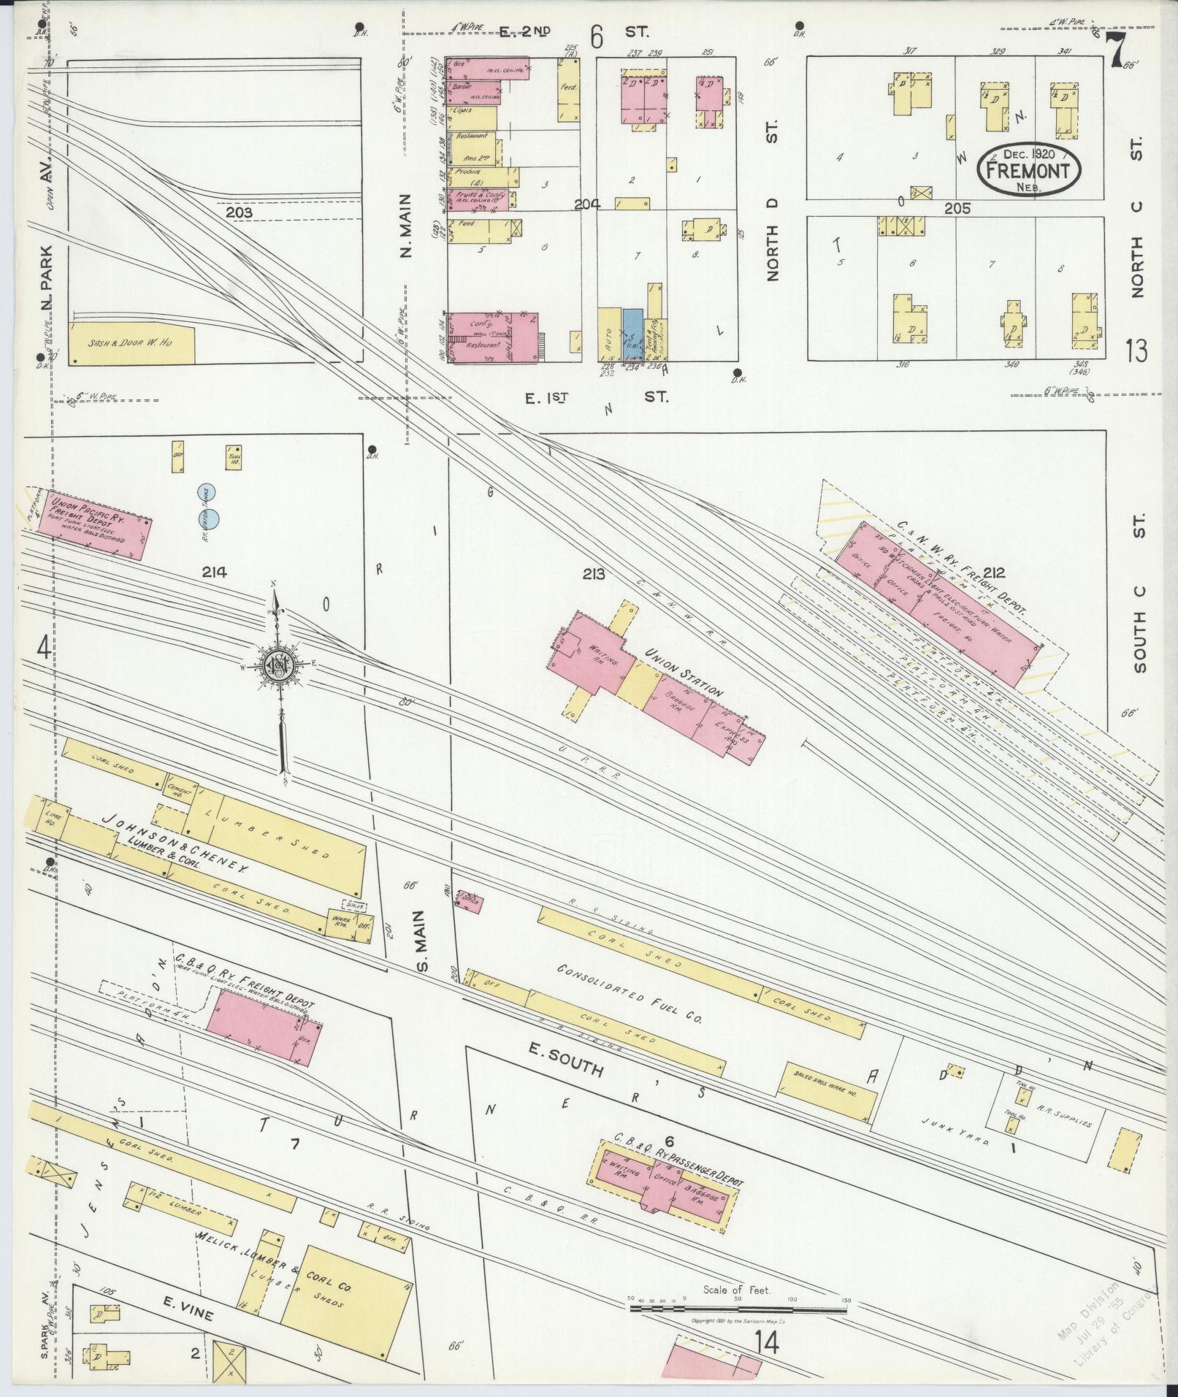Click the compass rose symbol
click(x=278, y=667)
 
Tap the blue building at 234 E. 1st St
click(x=633, y=335)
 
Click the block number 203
click(x=239, y=213)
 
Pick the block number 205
click(x=957, y=208)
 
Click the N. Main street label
click(x=406, y=226)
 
